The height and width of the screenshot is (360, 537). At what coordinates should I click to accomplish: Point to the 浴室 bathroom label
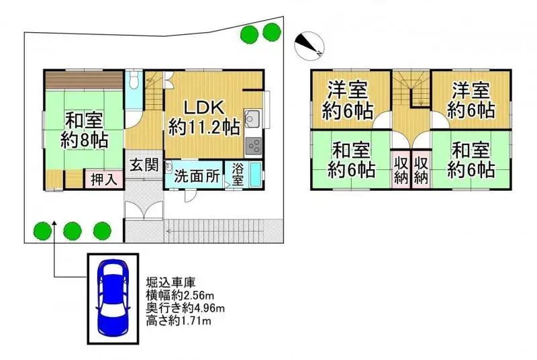click(238, 171)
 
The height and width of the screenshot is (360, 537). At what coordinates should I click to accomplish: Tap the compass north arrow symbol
click(309, 43)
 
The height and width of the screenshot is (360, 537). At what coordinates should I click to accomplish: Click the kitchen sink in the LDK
click(253, 120)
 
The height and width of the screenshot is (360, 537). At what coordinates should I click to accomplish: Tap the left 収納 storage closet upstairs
click(400, 170)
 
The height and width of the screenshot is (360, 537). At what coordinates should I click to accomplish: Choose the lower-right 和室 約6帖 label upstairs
click(471, 159)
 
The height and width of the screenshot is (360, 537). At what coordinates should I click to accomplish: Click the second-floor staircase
click(411, 89)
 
